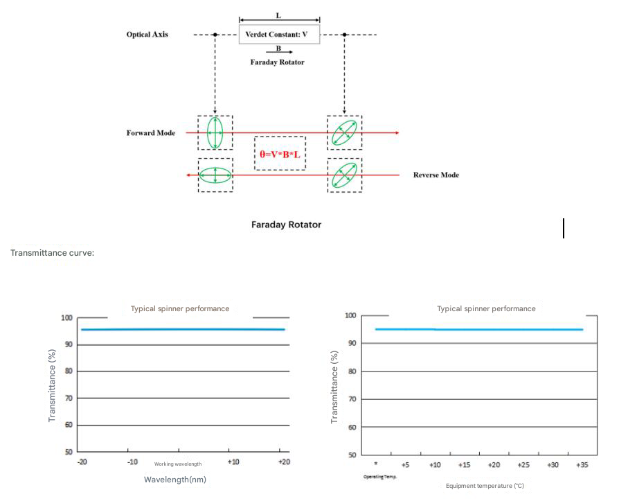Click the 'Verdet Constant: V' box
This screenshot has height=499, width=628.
click(x=279, y=34)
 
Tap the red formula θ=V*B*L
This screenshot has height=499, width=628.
click(x=280, y=154)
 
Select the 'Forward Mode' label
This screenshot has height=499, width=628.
click(x=150, y=133)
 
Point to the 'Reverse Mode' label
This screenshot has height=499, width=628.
click(x=436, y=175)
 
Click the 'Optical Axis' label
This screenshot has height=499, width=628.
click(x=147, y=34)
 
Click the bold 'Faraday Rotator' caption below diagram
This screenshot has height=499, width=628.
click(x=286, y=225)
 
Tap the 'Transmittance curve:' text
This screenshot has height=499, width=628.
click(x=52, y=253)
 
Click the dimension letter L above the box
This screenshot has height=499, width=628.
click(x=279, y=15)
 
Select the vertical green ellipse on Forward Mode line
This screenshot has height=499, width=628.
click(x=215, y=132)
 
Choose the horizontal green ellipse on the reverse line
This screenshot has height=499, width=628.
click(x=215, y=175)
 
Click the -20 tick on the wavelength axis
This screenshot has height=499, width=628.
click(x=82, y=462)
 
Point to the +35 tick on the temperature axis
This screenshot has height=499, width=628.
click(x=582, y=465)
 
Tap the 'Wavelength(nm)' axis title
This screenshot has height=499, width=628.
click(x=175, y=479)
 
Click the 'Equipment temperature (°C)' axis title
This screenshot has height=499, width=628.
click(x=485, y=486)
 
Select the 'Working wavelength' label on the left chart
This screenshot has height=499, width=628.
click(x=178, y=464)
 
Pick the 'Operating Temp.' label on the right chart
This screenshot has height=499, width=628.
click(x=379, y=477)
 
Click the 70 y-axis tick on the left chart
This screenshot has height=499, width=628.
click(x=68, y=399)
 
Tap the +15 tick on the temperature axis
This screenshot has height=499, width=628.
click(x=464, y=465)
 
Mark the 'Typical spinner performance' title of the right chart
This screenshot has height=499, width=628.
click(x=486, y=308)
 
